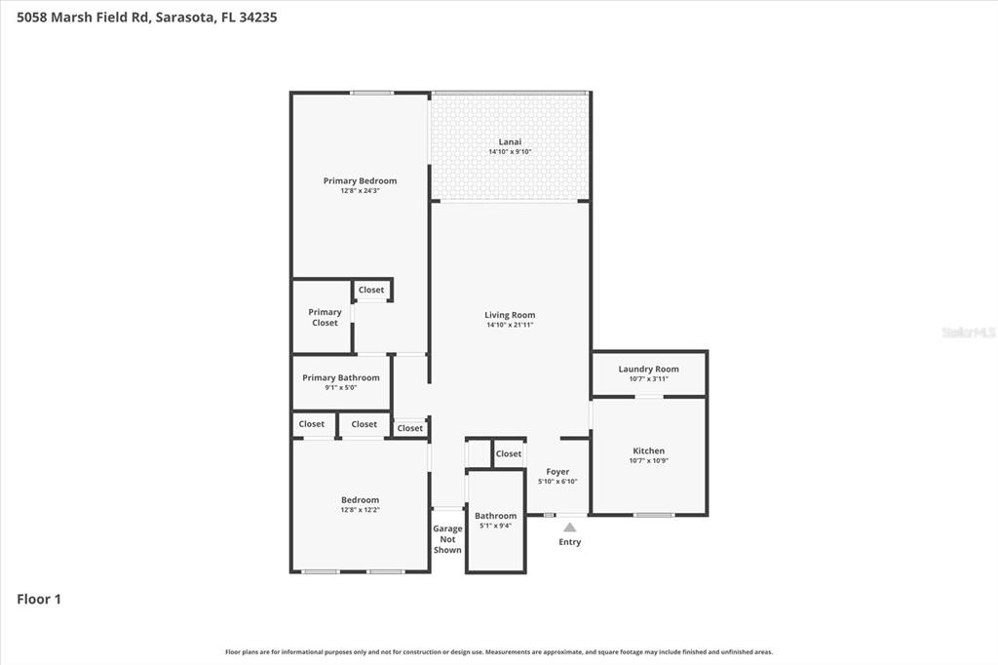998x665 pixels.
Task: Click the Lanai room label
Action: (510, 141)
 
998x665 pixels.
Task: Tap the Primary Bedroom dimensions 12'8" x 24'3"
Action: (360, 191)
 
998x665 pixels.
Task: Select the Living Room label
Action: (510, 315)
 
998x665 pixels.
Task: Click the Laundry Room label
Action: (648, 369)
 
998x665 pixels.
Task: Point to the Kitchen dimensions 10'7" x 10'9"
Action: (648, 461)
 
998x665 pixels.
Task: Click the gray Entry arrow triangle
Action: (569, 528)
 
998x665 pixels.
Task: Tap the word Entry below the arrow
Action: (569, 542)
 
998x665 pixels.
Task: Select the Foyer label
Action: (557, 472)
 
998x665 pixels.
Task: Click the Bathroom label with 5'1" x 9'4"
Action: (495, 516)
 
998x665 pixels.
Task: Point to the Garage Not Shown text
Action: (447, 539)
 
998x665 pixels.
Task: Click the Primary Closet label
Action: (325, 317)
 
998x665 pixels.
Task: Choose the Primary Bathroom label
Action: (341, 377)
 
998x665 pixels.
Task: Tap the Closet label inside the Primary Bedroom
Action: (371, 290)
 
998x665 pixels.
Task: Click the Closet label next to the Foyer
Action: (508, 453)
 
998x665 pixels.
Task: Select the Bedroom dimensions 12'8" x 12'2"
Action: (360, 510)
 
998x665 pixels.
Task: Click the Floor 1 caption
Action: (39, 600)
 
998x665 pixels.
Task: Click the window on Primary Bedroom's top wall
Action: (371, 93)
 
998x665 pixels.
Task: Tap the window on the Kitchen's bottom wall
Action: (653, 514)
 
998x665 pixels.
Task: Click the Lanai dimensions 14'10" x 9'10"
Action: (510, 152)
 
